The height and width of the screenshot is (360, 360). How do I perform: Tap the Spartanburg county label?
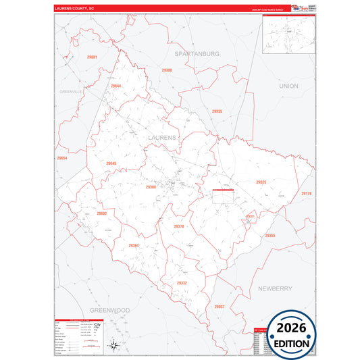(x=197, y=53)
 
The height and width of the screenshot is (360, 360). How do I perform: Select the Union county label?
(x=288, y=86)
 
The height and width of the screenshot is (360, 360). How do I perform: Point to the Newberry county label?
(x=275, y=288)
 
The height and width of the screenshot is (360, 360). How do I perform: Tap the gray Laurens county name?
(x=160, y=138)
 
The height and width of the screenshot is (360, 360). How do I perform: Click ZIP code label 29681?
(x=93, y=57)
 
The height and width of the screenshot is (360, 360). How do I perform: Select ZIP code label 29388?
(x=167, y=70)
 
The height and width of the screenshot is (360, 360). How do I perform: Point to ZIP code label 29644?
(x=116, y=86)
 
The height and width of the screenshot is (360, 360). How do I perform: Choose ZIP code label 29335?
(x=217, y=110)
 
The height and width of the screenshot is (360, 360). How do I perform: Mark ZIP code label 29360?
(x=151, y=186)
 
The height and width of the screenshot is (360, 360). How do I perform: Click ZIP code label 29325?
(x=261, y=182)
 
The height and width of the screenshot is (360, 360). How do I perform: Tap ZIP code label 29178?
(x=307, y=194)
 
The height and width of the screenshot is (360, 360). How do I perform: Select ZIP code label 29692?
(x=102, y=213)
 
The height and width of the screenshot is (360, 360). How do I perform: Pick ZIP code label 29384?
(x=133, y=245)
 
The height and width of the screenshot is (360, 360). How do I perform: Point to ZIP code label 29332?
(x=182, y=283)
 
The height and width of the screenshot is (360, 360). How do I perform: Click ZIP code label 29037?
(x=220, y=306)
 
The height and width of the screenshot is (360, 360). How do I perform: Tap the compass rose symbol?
(x=115, y=346)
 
